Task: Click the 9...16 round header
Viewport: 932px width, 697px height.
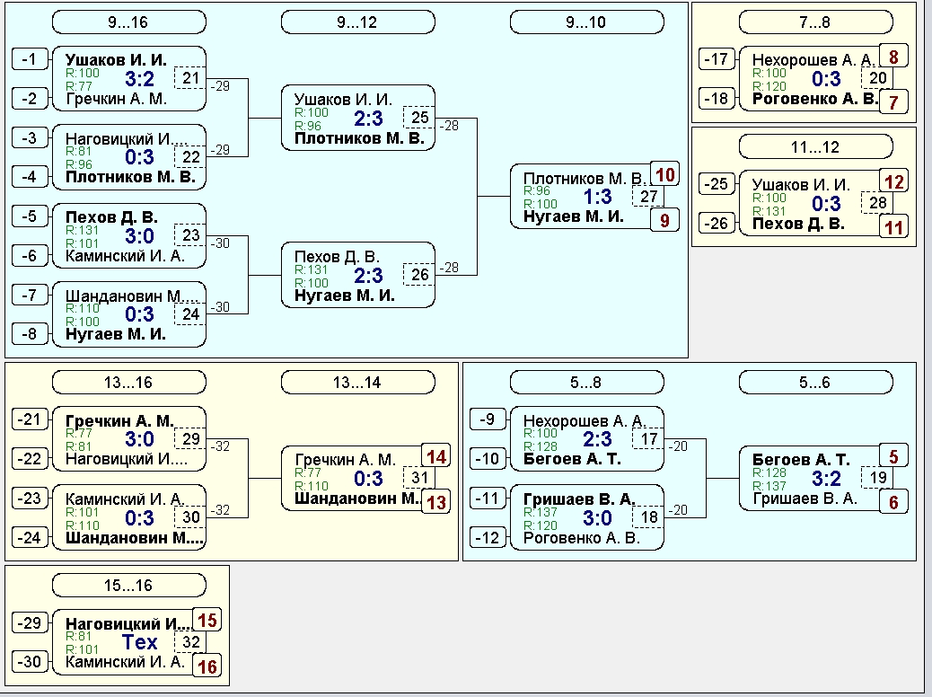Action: tap(129, 22)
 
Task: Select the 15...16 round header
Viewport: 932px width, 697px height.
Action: tap(129, 586)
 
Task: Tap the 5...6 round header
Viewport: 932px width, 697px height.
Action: tap(815, 383)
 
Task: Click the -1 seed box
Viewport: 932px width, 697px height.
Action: tap(30, 59)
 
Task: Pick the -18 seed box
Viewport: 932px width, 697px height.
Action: tap(717, 98)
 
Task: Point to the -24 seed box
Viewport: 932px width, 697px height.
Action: tap(30, 538)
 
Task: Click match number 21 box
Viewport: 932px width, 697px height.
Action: tap(190, 78)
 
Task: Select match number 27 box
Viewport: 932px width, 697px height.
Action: tap(648, 196)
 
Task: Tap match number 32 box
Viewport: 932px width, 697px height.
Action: tap(190, 641)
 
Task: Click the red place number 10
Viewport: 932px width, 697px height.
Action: tap(665, 174)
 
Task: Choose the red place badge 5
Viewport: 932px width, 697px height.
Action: tap(893, 457)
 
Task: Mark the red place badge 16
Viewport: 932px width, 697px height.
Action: tap(207, 666)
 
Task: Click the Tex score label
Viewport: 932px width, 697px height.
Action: tap(140, 641)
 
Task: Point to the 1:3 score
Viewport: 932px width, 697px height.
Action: tap(597, 196)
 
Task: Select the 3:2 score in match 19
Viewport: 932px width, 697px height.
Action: tap(826, 478)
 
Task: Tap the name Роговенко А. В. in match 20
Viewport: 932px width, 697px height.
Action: tap(815, 99)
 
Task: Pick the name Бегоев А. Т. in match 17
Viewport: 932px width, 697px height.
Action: tap(572, 459)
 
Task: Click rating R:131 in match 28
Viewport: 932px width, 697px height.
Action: tap(769, 211)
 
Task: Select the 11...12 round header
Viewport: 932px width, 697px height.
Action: tap(815, 147)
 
